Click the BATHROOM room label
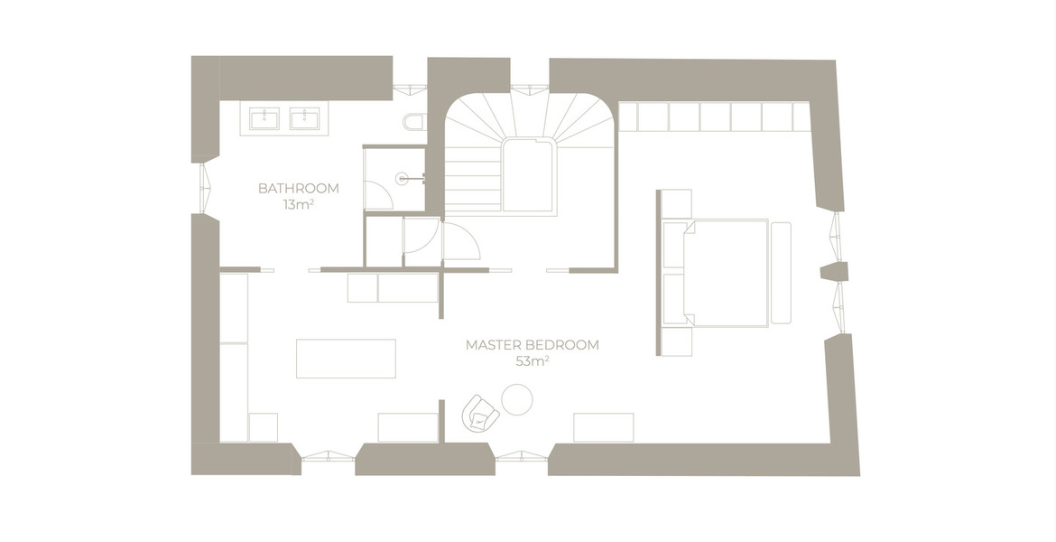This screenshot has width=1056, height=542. click(299, 188)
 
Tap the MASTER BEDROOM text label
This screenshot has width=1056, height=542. click(532, 345)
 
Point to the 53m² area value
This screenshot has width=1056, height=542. click(532, 361)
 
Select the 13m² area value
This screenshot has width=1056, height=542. click(299, 204)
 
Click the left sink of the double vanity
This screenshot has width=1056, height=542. click(264, 118)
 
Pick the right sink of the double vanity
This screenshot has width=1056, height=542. click(304, 118)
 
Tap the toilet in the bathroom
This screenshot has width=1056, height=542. click(415, 121)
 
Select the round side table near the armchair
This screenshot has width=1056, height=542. click(517, 399)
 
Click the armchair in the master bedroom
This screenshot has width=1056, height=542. click(480, 413)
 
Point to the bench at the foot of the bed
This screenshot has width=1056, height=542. click(782, 273)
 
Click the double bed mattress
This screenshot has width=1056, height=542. click(726, 273)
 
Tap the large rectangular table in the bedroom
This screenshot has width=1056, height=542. click(347, 359)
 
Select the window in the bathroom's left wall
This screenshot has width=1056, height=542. click(206, 188)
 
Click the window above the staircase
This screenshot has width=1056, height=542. click(529, 88)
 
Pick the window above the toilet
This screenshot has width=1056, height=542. click(410, 88)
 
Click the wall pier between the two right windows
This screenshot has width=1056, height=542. click(834, 272)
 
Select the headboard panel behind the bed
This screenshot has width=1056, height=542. click(659, 272)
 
